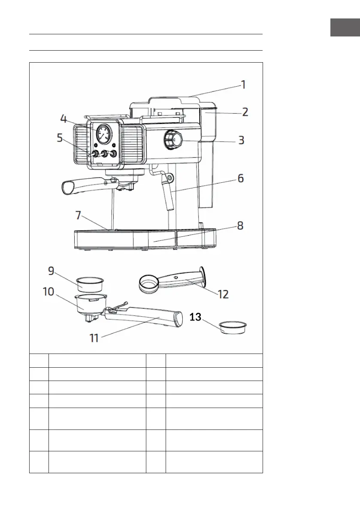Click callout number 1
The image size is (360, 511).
click(x=242, y=85)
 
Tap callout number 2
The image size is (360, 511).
click(x=245, y=112)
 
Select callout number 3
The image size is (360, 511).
click(x=242, y=140)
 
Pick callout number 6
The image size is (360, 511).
click(x=241, y=178)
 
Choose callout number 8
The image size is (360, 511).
click(x=241, y=227)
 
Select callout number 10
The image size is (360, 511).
click(x=48, y=292)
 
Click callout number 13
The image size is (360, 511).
click(x=195, y=317)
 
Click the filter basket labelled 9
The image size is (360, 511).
click(x=91, y=284)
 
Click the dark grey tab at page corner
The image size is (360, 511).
click(x=345, y=27)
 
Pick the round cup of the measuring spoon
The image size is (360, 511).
click(x=148, y=284)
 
